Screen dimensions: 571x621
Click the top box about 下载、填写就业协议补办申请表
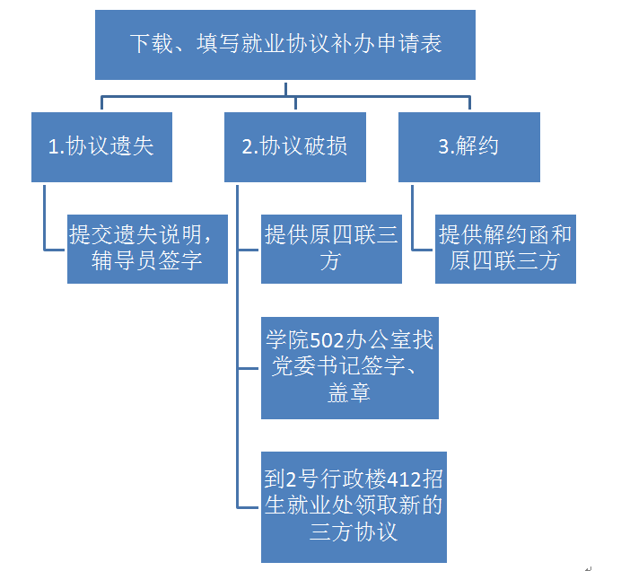tap(285, 44)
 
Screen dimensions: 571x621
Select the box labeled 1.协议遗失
tap(100, 147)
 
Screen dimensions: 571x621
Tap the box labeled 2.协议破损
tap(295, 147)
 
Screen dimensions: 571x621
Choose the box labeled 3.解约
tap(468, 147)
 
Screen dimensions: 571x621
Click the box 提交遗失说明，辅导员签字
tap(147, 249)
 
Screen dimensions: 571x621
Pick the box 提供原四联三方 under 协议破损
tap(331, 249)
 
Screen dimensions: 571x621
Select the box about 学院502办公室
tap(349, 368)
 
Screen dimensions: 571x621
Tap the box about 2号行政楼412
tap(353, 506)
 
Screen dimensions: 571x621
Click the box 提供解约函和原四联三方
tap(505, 249)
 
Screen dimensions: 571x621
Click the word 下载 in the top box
tap(149, 44)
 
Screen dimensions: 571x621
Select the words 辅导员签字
tap(147, 262)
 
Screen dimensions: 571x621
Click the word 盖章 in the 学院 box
tap(349, 393)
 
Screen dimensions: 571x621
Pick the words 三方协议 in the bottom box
tap(353, 531)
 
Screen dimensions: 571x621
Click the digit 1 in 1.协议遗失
tap(53, 147)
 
